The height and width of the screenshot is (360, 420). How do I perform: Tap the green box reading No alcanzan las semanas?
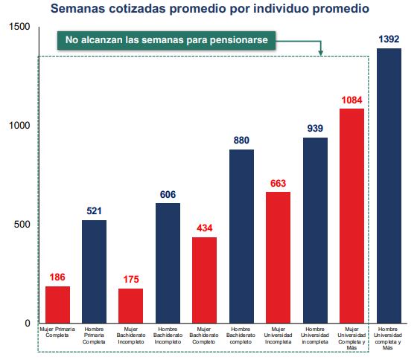coord(167,40)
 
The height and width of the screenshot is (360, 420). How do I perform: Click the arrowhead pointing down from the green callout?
coord(321,53)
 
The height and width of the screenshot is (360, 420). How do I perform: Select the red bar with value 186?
coord(57,304)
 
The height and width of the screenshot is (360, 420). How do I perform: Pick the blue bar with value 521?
coord(94,271)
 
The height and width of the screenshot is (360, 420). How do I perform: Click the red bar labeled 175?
coord(131,306)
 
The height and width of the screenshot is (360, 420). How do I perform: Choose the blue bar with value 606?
coord(168,263)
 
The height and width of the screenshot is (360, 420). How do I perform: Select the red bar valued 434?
coord(205,280)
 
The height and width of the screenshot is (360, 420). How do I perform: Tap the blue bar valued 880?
coord(241,236)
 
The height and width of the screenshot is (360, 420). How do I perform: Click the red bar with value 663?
coord(279,257)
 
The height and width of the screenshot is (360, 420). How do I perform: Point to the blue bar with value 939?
coord(315,230)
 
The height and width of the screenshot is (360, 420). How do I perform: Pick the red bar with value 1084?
coord(352,216)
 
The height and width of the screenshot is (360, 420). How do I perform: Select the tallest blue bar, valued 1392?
coord(389,185)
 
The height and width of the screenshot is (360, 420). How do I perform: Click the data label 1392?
coord(389,39)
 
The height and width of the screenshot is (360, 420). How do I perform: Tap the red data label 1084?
coord(352,100)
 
